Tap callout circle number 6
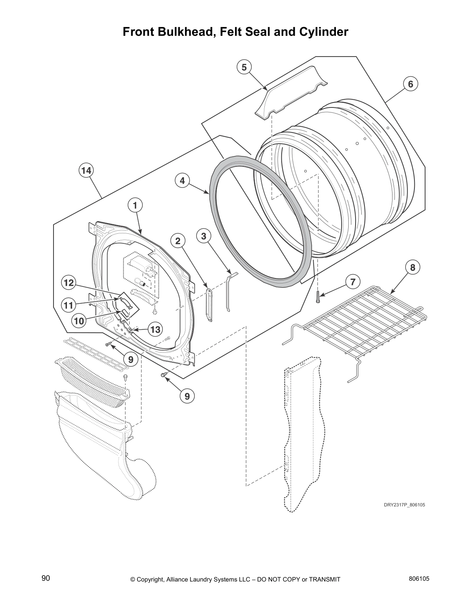tap(411, 84)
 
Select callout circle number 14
tap(87, 170)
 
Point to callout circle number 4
tap(182, 180)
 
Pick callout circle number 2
tap(178, 241)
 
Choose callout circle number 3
tap(204, 236)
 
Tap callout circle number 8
tap(412, 267)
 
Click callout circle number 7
tap(352, 281)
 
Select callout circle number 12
tap(68, 283)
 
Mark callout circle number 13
tap(155, 329)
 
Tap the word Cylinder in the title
tap(324, 32)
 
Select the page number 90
tap(46, 578)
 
